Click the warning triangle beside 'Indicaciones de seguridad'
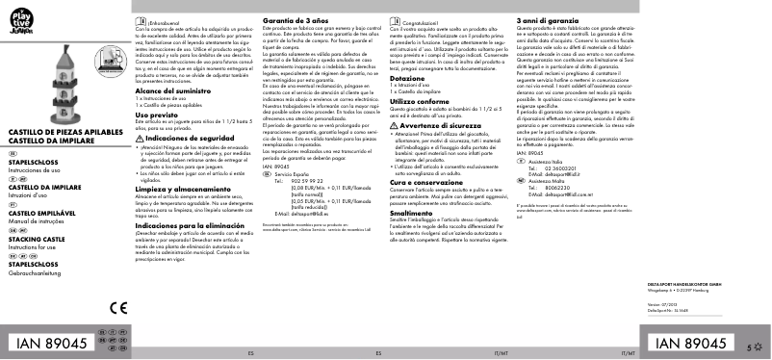(x=138, y=138)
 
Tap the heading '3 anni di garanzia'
(x=549, y=20)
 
